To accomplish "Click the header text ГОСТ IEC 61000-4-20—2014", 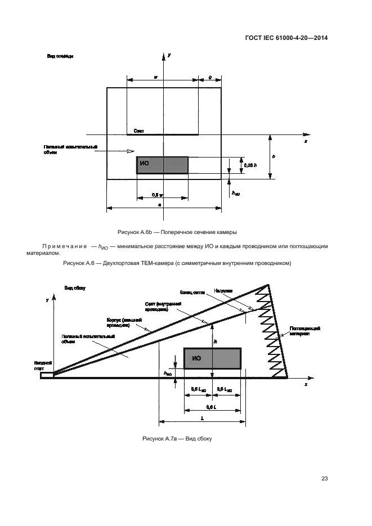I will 286,38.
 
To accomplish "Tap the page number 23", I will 324,478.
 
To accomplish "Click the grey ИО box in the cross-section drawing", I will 162,165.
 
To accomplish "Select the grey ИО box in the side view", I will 212,358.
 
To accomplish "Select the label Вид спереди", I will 60,56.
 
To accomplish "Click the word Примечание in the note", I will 62,246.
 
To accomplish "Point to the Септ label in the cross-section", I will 138,131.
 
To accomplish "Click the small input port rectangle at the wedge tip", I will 47,374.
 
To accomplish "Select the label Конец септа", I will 192,292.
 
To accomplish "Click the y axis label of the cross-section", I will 169,55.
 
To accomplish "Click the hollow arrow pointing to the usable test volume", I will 130,151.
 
